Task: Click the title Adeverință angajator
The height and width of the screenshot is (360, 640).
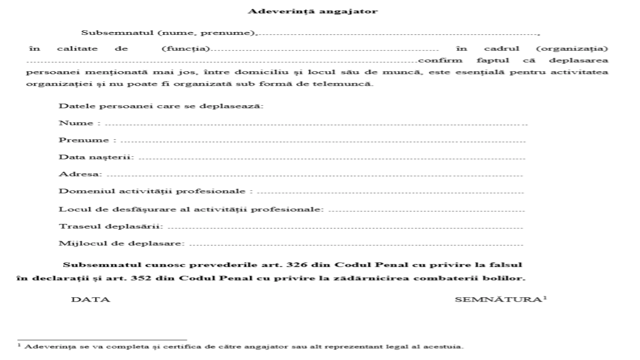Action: pyautogui.click(x=312, y=11)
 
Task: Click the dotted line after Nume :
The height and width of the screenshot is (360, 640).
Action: pyautogui.click(x=316, y=124)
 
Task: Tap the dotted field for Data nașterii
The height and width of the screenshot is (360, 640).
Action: pyautogui.click(x=332, y=158)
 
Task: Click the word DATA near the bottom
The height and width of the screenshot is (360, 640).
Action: pyautogui.click(x=90, y=300)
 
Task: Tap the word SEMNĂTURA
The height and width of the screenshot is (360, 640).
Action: pyautogui.click(x=498, y=300)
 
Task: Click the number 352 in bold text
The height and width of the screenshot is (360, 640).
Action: pyautogui.click(x=140, y=278)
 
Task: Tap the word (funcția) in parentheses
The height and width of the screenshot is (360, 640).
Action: pyautogui.click(x=186, y=49)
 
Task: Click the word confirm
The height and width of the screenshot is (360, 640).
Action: pyautogui.click(x=440, y=61)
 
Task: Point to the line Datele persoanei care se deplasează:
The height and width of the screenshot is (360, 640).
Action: pyautogui.click(x=161, y=106)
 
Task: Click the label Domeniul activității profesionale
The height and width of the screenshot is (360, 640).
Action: pyautogui.click(x=152, y=191)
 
